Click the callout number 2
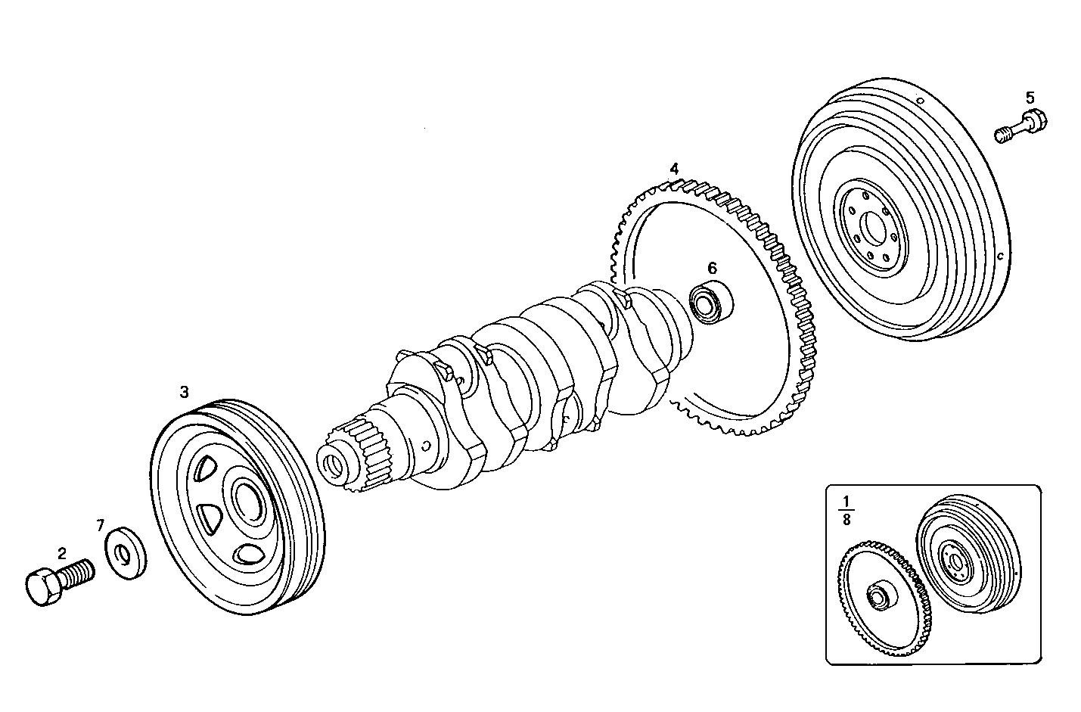pos(62,553)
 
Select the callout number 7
pos(101,524)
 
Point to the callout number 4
pos(673,167)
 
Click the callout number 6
pos(712,267)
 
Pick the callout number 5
pos(1030,97)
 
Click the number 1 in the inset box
pos(846,501)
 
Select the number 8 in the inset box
pos(846,520)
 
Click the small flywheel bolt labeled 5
pos(1021,126)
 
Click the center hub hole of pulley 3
pos(247,498)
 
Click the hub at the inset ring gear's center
pos(879,597)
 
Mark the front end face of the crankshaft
pos(333,465)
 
